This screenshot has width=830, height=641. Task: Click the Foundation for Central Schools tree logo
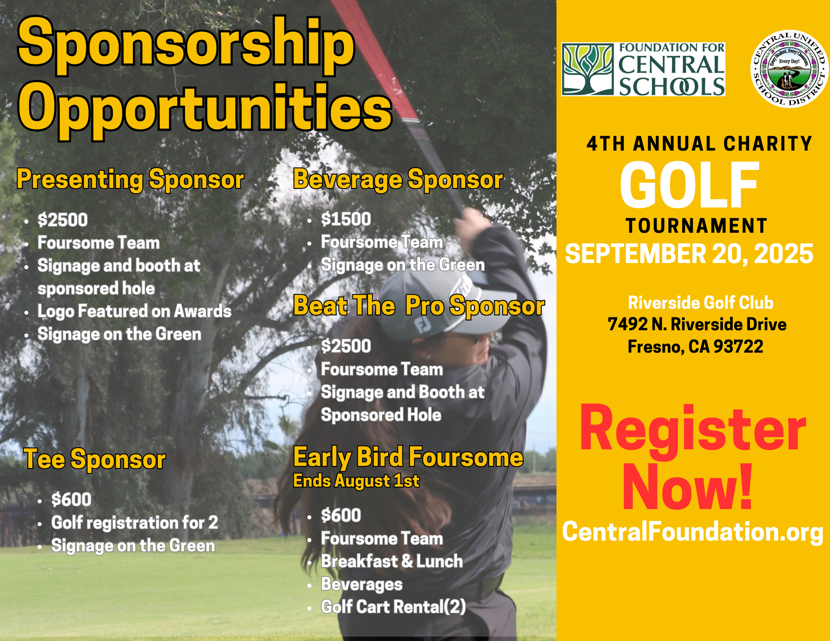(588, 69)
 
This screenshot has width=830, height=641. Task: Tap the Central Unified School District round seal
(790, 69)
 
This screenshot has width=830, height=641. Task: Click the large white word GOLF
(689, 185)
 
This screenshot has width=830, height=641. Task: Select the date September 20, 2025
(689, 253)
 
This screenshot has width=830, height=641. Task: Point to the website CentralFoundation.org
(693, 532)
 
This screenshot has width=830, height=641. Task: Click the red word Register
(693, 430)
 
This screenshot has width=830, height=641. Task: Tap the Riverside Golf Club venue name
(701, 302)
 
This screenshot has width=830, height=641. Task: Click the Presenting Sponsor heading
(130, 180)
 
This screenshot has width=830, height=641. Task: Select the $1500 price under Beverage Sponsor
(346, 219)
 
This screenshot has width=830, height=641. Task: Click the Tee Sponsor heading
(95, 459)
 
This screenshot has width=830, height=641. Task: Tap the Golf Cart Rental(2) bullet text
(393, 607)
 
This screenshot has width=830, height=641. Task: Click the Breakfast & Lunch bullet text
(392, 561)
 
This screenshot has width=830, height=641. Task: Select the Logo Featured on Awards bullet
(134, 311)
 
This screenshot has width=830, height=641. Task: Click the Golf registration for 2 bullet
(134, 523)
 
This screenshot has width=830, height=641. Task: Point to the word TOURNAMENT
(696, 226)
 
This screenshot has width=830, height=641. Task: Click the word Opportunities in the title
(205, 109)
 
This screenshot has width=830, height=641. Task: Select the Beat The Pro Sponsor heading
(419, 306)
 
